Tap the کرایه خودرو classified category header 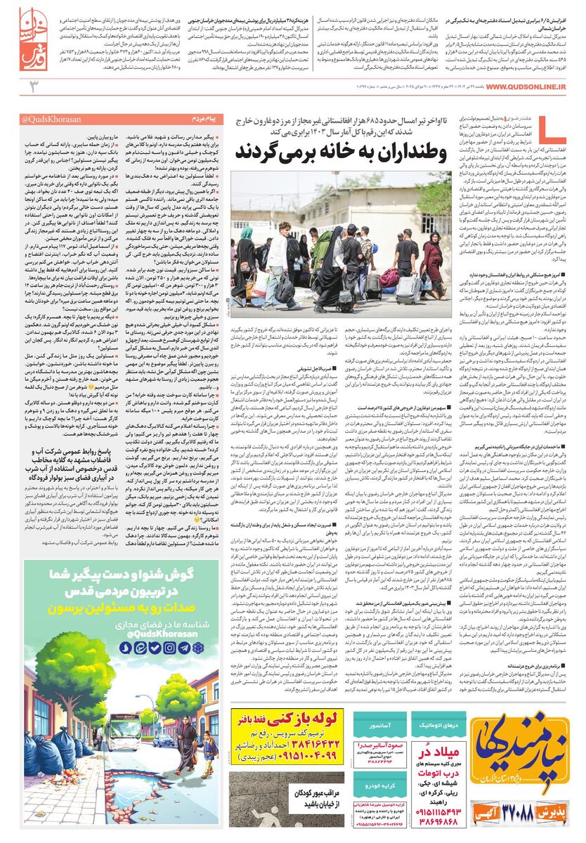tap(379, 781)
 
